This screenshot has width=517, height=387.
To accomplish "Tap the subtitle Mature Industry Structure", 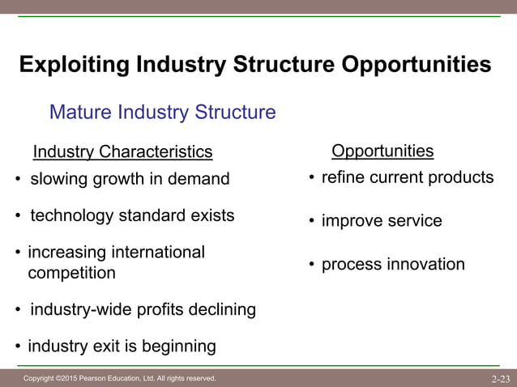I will pyautogui.click(x=162, y=112).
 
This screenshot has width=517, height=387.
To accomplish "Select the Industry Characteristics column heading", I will pyautogui.click(x=122, y=152).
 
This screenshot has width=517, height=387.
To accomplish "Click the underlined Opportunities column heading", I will pyautogui.click(x=382, y=151).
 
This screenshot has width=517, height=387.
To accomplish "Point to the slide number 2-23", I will pyautogui.click(x=500, y=378).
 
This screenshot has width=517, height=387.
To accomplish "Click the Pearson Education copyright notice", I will pyautogui.click(x=119, y=378).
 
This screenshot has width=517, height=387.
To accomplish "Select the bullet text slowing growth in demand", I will pyautogui.click(x=130, y=178).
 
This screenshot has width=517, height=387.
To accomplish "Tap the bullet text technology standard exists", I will pyautogui.click(x=132, y=216).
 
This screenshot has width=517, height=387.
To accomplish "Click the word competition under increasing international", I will pyautogui.click(x=71, y=273).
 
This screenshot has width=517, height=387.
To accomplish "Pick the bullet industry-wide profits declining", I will pyautogui.click(x=143, y=309).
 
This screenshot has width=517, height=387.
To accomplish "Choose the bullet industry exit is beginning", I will pyautogui.click(x=122, y=347).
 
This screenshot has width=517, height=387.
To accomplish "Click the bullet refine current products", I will pyautogui.click(x=407, y=177).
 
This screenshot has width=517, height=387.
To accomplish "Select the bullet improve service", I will pyautogui.click(x=382, y=221).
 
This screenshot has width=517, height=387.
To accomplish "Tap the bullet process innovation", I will pyautogui.click(x=393, y=265).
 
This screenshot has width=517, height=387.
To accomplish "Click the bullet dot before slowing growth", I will pyautogui.click(x=18, y=179).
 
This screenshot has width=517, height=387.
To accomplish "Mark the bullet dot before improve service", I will pyautogui.click(x=311, y=222).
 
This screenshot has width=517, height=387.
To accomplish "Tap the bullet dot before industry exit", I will pyautogui.click(x=18, y=347).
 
